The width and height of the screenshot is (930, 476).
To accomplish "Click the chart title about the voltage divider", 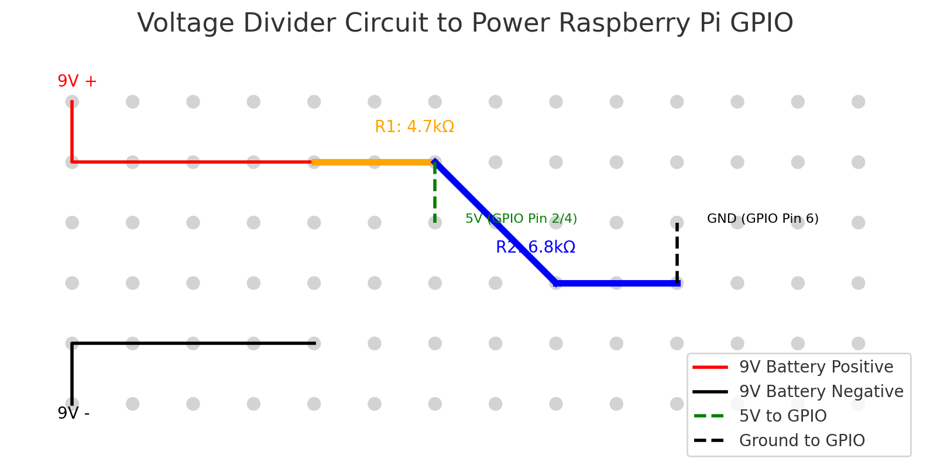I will (465, 23).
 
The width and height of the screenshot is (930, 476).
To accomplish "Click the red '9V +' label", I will (77, 81).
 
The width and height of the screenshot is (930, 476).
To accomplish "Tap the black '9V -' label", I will (73, 413).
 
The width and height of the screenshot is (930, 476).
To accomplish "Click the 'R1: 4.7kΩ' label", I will (414, 127).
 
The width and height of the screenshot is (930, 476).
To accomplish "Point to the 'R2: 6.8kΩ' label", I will (535, 247).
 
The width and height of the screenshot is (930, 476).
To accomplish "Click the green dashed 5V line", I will (434, 193).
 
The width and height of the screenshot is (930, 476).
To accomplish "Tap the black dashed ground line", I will (677, 251).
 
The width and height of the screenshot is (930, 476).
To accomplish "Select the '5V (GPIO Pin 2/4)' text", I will (521, 219).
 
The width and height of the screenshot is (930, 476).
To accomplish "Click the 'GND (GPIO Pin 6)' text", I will (762, 219).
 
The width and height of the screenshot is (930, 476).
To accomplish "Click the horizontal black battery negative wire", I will (193, 343).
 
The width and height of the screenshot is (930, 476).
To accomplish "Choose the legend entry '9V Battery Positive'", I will (816, 367).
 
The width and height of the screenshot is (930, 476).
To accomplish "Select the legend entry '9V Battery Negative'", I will (821, 392).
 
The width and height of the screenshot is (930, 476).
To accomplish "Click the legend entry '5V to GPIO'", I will (783, 416).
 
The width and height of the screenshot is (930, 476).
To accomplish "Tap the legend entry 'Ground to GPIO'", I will (801, 441).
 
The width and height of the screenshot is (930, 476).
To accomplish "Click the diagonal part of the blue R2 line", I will (495, 222).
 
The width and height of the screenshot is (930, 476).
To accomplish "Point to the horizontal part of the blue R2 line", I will (617, 283).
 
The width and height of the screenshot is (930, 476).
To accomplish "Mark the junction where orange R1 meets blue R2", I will (434, 162).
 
